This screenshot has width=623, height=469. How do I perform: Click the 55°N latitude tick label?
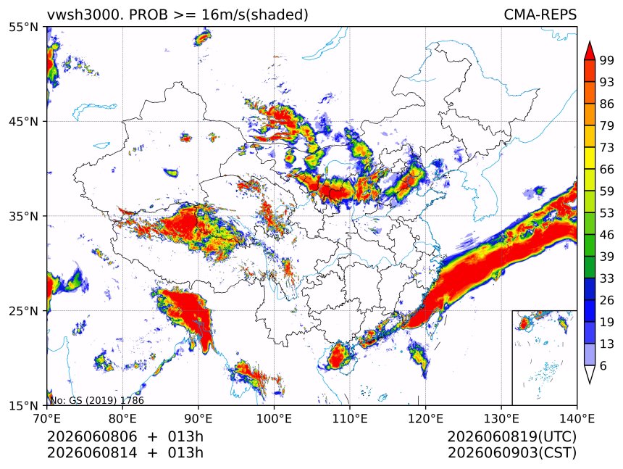tap(23, 27)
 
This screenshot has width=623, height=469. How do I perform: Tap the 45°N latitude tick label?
tap(23, 121)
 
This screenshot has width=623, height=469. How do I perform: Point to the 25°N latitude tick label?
tap(23, 310)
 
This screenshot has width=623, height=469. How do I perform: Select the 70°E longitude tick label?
tap(47, 418)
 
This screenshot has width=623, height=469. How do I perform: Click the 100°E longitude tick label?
tap(274, 418)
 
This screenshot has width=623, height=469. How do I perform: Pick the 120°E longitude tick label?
tap(425, 418)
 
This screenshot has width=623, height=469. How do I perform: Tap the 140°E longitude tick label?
tap(577, 418)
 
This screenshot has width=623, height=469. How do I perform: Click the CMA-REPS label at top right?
tap(540, 14)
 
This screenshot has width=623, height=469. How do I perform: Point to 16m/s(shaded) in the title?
tap(255, 15)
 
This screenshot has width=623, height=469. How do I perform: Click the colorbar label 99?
tap(607, 60)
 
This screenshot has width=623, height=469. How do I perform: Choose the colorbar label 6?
tap(603, 365)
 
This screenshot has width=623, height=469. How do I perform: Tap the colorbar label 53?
tap(607, 213)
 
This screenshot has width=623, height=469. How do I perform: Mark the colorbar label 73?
tap(607, 147)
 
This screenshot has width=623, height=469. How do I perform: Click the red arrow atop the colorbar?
tap(590, 51)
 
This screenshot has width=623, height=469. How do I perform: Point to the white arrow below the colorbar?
tap(590, 373)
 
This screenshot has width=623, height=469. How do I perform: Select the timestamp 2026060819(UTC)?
tap(511, 436)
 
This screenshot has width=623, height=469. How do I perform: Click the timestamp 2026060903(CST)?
tap(511, 453)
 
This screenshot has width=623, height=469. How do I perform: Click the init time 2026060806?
tap(92, 436)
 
